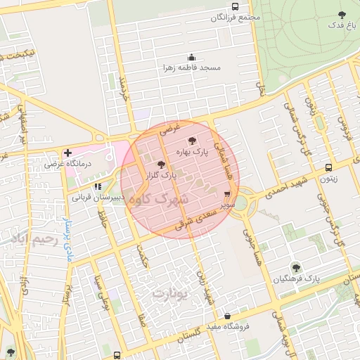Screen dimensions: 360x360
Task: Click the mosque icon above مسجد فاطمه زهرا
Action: (x=191, y=57)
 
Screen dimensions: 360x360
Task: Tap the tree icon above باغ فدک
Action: (x=342, y=14)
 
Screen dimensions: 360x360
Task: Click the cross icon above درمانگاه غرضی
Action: (x=67, y=153)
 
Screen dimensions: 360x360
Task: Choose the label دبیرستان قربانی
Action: (x=98, y=198)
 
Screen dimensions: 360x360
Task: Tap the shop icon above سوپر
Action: (x=226, y=194)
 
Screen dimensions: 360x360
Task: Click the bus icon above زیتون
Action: (x=328, y=167)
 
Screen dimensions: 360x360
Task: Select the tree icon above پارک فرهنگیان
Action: (x=295, y=267)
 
